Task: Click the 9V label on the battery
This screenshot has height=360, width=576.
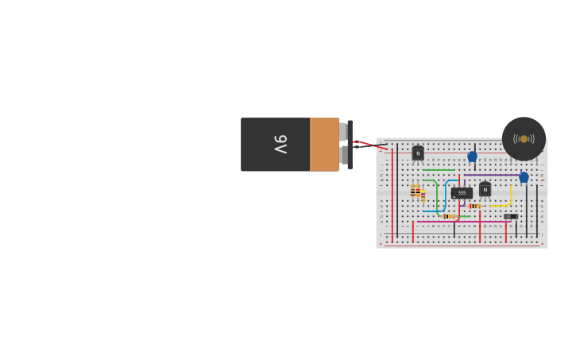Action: tap(280, 144)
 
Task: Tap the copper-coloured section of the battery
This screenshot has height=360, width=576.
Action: tap(324, 144)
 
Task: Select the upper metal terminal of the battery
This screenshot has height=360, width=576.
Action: tap(343, 131)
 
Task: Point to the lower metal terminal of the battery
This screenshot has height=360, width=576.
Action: tap(343, 155)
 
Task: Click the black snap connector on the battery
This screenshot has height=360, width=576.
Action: tap(350, 144)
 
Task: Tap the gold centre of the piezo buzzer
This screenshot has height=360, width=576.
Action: tap(524, 139)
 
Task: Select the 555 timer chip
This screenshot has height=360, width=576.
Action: tap(462, 192)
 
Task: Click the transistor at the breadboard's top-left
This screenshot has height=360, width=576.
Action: tap(418, 153)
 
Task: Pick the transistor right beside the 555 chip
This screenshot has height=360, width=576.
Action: tap(485, 189)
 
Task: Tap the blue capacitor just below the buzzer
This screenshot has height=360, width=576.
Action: tap(524, 177)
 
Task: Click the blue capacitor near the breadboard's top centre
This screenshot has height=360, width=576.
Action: tap(472, 157)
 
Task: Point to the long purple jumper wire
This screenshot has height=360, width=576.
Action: tap(493, 175)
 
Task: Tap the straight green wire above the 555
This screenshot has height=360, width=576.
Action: tap(438, 170)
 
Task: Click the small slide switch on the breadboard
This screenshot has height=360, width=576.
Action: tap(510, 216)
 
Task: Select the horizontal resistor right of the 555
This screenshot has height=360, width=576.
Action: tap(474, 206)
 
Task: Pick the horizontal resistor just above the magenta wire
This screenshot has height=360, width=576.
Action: tap(449, 216)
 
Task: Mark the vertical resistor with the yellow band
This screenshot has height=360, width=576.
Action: tap(423, 193)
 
